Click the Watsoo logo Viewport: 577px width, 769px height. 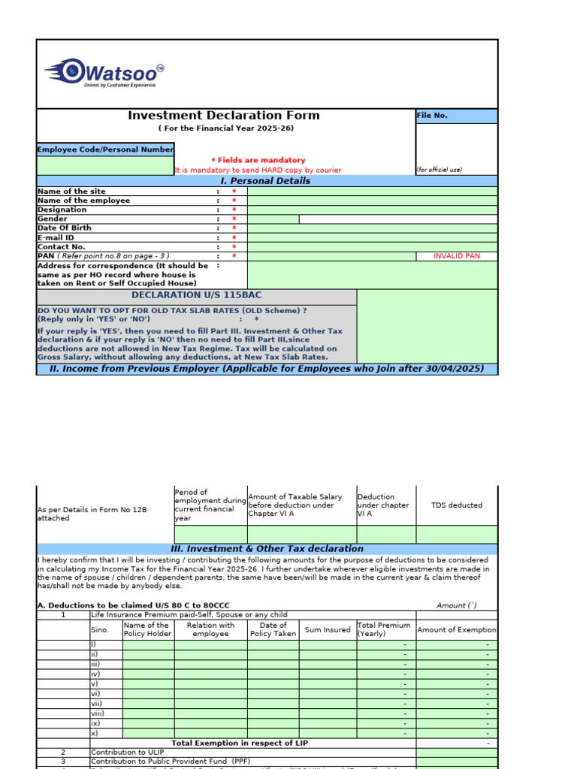tap(104, 74)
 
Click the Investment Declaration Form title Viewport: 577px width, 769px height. tap(223, 116)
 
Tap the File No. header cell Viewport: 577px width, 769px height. tap(456, 116)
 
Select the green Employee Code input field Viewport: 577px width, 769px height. tap(105, 165)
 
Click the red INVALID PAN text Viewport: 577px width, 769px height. tap(456, 256)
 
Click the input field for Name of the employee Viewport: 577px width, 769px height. tap(372, 201)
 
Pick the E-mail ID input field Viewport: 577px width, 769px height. tap(372, 237)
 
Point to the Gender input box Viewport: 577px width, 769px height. tap(273, 219)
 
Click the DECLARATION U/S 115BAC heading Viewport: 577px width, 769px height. tap(197, 295)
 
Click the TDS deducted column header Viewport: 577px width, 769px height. tap(456, 505)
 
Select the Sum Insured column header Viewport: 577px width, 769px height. tap(328, 630)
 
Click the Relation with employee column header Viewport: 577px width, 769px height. tap(210, 629)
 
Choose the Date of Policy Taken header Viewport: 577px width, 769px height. tap(273, 629)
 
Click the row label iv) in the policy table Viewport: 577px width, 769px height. tap(94, 674)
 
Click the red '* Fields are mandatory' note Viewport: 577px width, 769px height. tap(258, 160)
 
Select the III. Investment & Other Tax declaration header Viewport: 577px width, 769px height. tap(267, 549)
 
